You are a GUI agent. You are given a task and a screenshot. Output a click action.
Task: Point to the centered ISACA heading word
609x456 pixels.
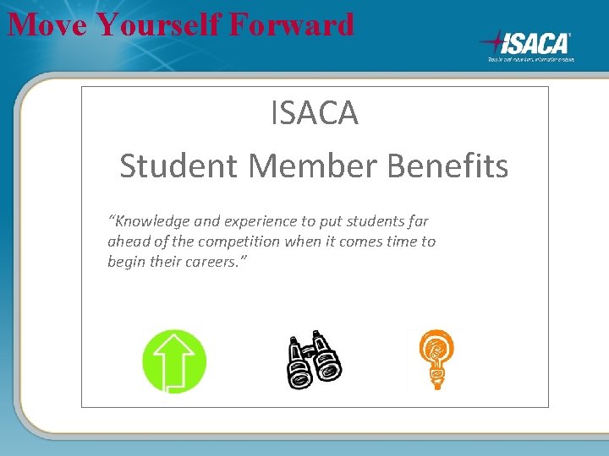315,113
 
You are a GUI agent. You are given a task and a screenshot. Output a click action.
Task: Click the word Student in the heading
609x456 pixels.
179,166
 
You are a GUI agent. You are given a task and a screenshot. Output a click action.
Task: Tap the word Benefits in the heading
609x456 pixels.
448,166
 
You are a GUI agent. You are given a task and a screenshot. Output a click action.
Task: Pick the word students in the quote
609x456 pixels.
368,221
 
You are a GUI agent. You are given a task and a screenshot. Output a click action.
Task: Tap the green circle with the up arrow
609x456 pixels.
174,361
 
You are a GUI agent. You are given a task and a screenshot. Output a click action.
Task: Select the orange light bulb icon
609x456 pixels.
436,359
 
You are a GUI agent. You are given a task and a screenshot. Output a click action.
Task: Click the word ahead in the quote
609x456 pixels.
127,242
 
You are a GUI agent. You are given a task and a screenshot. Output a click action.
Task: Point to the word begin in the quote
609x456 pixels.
127,262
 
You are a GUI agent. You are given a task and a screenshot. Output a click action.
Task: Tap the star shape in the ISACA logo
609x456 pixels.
495,42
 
